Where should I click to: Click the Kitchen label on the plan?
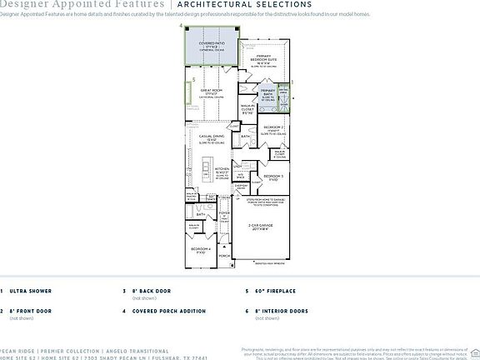222,170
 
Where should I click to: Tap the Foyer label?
223,213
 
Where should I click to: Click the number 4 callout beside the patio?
181,27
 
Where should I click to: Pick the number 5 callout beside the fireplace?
193,80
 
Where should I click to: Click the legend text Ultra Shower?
30,292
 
